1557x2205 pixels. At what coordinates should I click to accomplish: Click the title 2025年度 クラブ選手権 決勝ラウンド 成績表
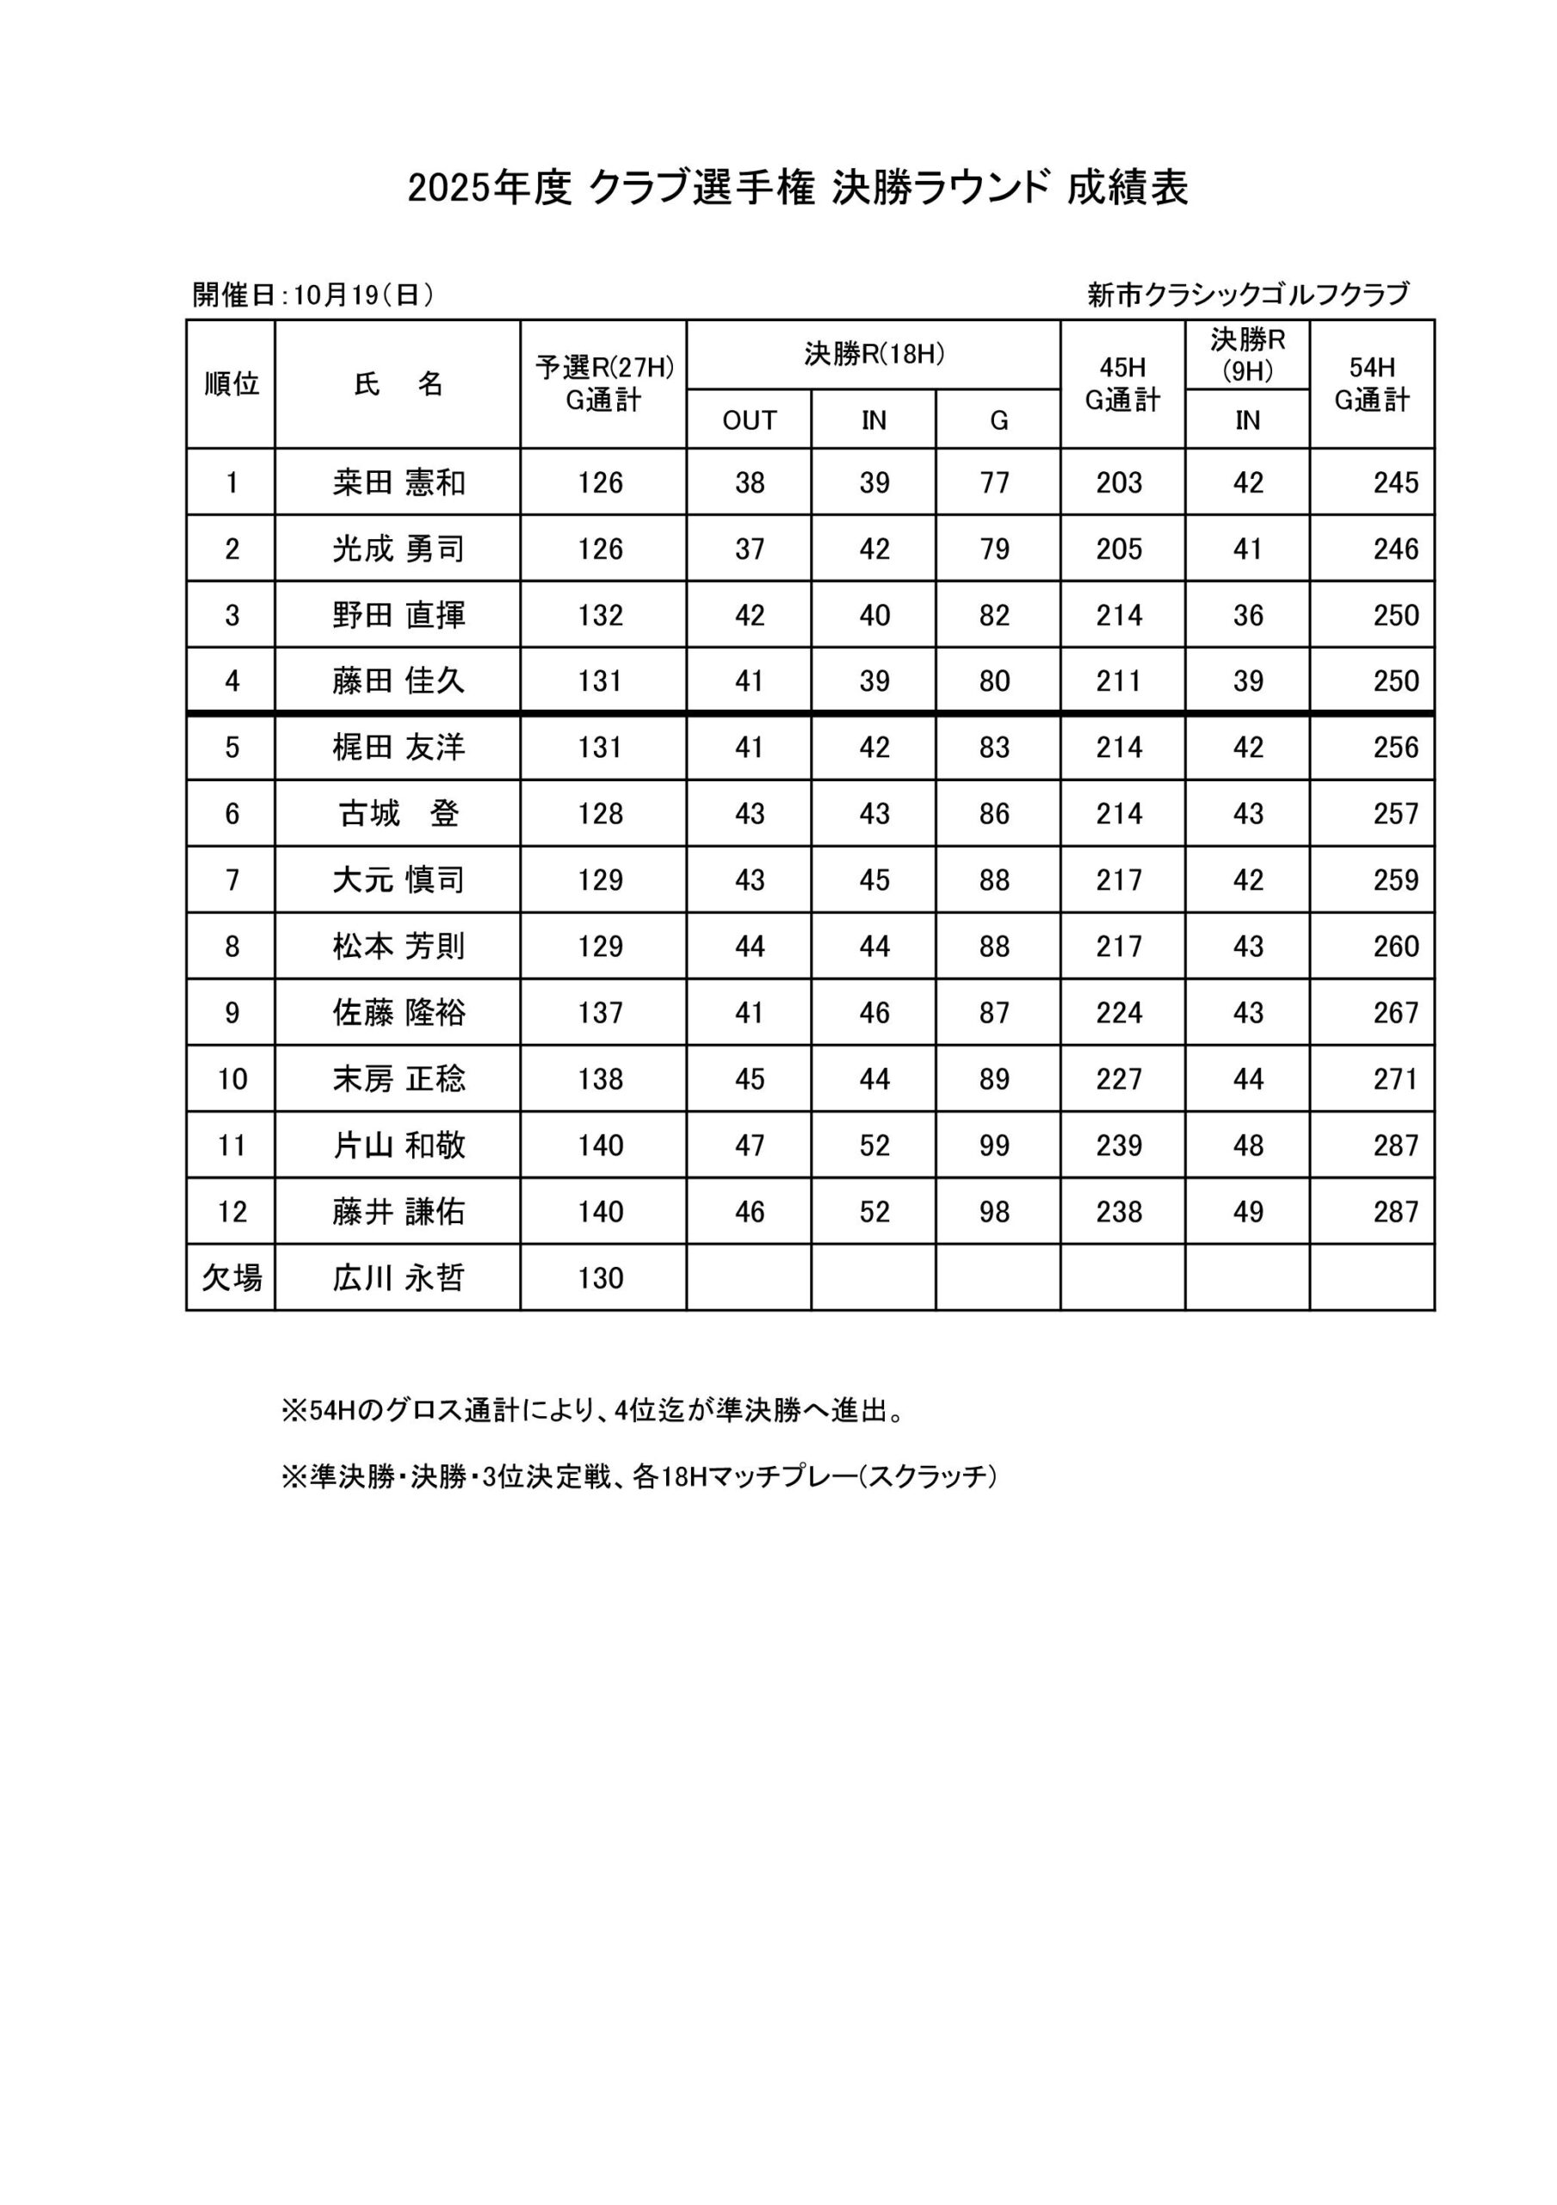click(x=798, y=189)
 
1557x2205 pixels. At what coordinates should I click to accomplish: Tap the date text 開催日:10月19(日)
click(x=313, y=295)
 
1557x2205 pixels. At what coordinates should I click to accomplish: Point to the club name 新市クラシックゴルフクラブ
click(x=1248, y=294)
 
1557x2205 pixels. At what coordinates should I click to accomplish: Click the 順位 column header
click(x=232, y=384)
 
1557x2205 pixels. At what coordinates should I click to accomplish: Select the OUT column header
click(x=749, y=420)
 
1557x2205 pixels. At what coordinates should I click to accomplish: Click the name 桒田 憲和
click(x=399, y=482)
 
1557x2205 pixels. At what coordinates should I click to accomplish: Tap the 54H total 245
click(x=1395, y=482)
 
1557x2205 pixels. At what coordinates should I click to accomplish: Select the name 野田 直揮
click(x=399, y=615)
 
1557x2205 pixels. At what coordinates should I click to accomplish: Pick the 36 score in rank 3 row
click(x=1247, y=615)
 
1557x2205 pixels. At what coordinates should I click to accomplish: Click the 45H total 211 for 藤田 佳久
click(x=1119, y=681)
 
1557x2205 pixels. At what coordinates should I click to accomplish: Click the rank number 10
click(x=232, y=1078)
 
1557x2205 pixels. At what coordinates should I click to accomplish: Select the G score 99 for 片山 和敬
click(x=994, y=1145)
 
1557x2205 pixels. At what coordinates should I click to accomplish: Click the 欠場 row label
click(x=232, y=1277)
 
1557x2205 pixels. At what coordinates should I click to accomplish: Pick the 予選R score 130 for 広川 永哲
click(x=601, y=1277)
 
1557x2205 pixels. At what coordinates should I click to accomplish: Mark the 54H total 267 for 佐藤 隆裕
click(x=1395, y=1012)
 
